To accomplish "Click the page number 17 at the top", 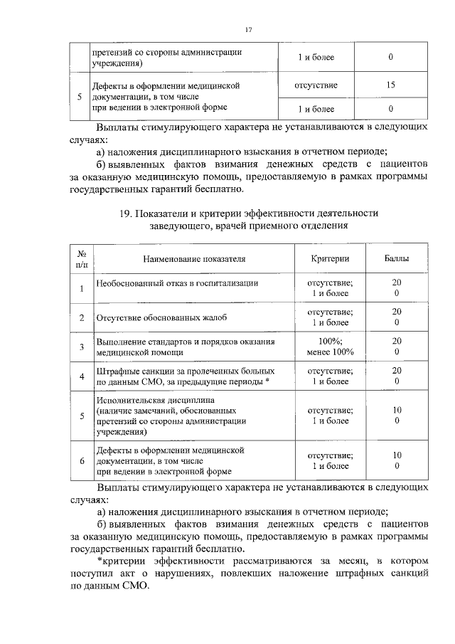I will pyautogui.click(x=249, y=29).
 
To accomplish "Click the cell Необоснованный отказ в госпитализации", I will pyautogui.click(x=177, y=283).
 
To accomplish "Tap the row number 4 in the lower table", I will pyautogui.click(x=82, y=376).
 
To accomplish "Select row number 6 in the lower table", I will pyautogui.click(x=82, y=460).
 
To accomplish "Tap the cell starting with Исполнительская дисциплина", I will pyautogui.click(x=171, y=416).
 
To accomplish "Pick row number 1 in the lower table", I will pyautogui.click(x=82, y=288).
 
